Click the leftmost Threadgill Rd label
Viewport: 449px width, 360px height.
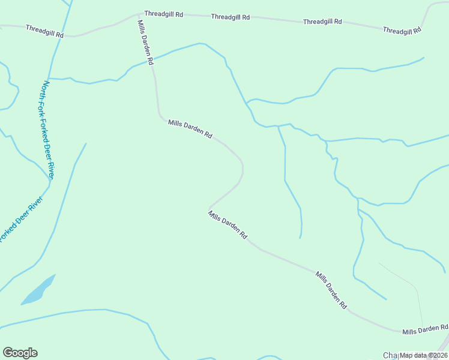click(44, 31)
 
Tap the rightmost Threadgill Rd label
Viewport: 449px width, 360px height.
click(402, 31)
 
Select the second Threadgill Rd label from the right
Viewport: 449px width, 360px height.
click(322, 22)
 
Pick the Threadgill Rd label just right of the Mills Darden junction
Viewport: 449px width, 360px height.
click(163, 13)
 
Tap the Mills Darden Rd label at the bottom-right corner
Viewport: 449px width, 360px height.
click(426, 329)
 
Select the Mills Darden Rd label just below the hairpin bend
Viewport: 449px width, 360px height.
click(228, 226)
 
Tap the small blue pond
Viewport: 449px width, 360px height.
click(38, 290)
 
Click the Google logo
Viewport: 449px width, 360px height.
click(20, 353)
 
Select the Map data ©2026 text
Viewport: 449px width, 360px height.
click(424, 355)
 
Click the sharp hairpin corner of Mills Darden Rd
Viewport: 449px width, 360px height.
click(209, 208)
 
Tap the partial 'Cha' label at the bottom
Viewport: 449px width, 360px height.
click(391, 355)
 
